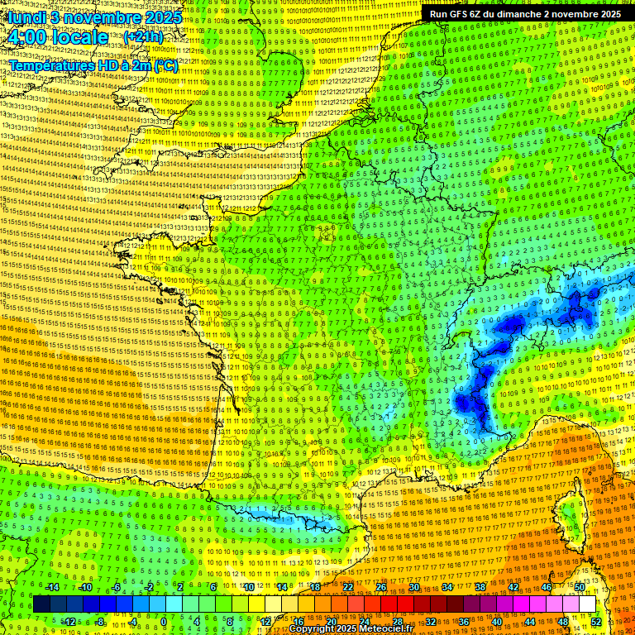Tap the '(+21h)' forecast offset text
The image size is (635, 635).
click(x=143, y=37)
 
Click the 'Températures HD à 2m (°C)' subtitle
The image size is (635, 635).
click(x=93, y=65)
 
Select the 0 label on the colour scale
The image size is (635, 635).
click(x=164, y=622)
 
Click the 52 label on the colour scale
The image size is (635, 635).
click(x=596, y=622)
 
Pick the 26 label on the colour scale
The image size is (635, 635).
click(x=381, y=587)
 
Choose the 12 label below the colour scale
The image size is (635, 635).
click(x=265, y=622)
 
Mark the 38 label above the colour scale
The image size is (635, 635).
click(x=480, y=587)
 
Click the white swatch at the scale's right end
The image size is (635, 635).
click(x=587, y=604)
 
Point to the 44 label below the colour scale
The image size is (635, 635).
click(x=530, y=622)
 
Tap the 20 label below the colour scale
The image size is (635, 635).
click(x=332, y=622)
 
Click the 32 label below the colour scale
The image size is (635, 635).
click(x=431, y=622)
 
